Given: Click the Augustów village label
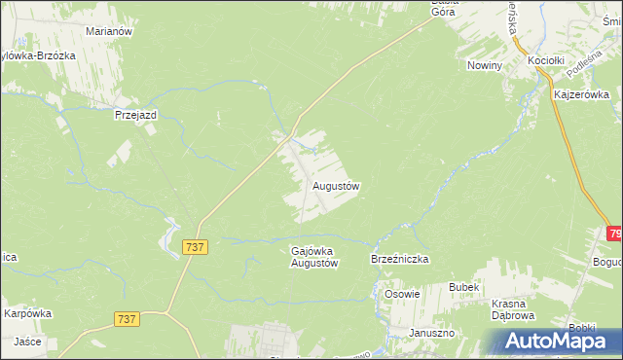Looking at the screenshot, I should pos(337,185).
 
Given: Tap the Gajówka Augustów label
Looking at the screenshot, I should pos(313,257).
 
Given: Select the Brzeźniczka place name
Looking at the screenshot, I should pos(399,260).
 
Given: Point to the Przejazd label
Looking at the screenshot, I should pos(135,114).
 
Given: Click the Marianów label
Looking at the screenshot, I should pos(108,31).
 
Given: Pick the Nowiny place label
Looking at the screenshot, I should pos(483,65).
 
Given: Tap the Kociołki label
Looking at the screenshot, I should pos(546,60).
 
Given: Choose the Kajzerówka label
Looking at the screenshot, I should pos(580,95).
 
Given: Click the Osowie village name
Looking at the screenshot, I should pos(402,295).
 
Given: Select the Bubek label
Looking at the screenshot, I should pos(463,287).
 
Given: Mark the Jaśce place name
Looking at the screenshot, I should pos(26,342).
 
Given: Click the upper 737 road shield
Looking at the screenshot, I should pos(195,248).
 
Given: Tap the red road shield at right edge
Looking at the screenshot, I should pos(615,234).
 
